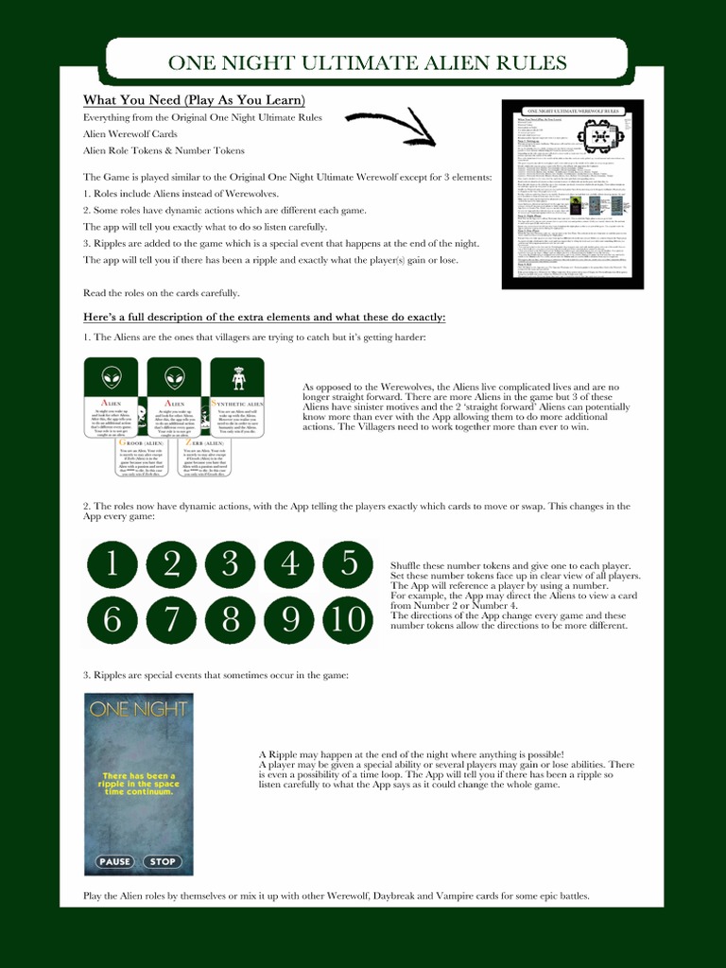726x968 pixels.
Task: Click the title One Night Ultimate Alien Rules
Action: (x=367, y=63)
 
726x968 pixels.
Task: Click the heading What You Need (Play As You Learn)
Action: (x=194, y=100)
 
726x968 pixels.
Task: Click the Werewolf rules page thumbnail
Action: (x=572, y=194)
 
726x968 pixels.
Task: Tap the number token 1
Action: (x=112, y=565)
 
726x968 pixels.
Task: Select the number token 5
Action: (x=350, y=565)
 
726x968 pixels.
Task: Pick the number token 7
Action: (x=172, y=620)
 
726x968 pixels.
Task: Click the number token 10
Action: (x=350, y=620)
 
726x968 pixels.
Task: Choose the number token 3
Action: (x=231, y=565)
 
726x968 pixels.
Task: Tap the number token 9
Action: (x=290, y=620)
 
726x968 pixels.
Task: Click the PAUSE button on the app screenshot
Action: (x=115, y=861)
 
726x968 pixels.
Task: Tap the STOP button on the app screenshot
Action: (x=163, y=861)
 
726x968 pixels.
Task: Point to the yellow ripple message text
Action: (x=138, y=784)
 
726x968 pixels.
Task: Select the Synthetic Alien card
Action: (x=237, y=397)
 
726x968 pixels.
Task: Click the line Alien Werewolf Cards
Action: (x=130, y=134)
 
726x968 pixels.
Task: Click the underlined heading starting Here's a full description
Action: (x=264, y=317)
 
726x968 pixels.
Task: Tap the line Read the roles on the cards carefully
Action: (x=162, y=293)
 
